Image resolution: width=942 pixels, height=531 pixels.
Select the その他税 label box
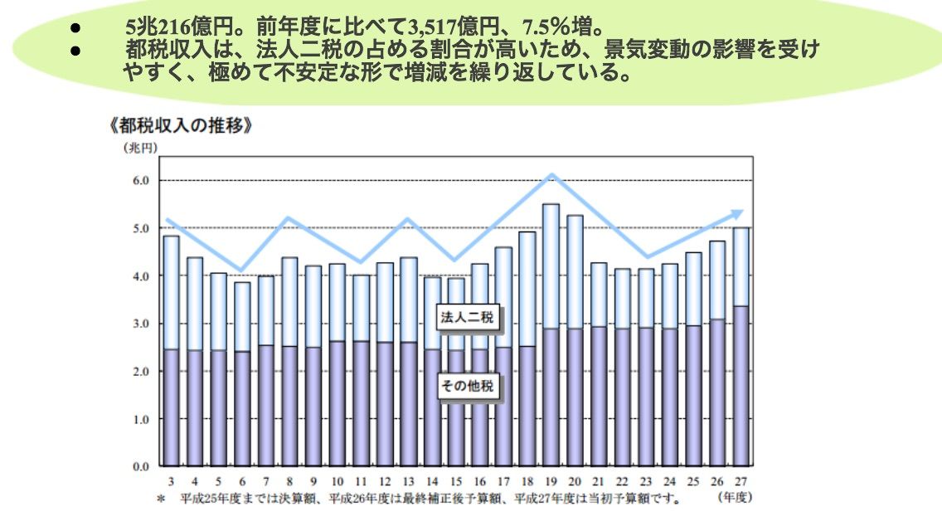click(469, 387)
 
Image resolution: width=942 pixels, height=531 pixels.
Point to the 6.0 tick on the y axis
click(138, 180)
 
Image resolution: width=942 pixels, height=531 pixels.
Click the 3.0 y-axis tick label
click(138, 324)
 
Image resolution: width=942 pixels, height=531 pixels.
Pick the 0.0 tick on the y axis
click(138, 467)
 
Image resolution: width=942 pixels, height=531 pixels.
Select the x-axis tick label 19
click(550, 482)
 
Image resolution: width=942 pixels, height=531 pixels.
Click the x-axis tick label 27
click(740, 482)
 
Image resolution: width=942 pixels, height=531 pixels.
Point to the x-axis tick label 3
click(171, 482)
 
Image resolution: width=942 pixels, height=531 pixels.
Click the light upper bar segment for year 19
click(551, 265)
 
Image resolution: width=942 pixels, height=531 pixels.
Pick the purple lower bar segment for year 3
click(171, 407)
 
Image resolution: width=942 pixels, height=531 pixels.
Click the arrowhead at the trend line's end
click(736, 213)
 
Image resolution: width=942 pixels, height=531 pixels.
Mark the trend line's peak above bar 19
click(551, 175)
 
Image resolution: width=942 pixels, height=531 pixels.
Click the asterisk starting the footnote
click(161, 499)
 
